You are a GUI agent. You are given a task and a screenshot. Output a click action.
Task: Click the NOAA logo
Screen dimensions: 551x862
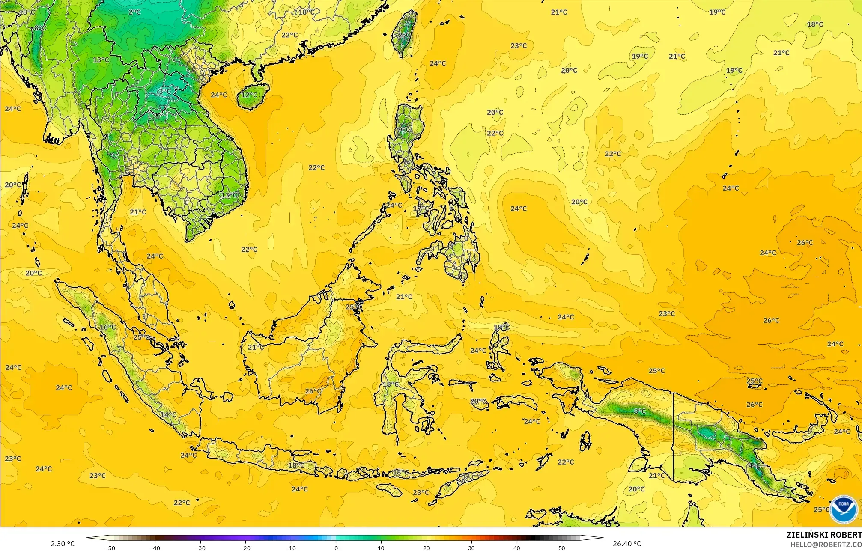point(844,509)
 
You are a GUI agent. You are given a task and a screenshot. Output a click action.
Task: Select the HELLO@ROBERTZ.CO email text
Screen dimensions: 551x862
point(826,544)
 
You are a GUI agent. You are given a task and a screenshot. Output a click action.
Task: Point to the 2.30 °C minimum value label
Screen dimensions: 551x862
point(63,544)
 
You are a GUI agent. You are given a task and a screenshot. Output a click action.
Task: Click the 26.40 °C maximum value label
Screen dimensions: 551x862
point(627,544)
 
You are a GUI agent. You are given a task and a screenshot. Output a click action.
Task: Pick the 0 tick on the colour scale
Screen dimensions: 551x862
point(336,548)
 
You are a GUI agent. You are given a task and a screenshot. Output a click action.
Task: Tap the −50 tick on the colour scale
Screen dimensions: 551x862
point(110,548)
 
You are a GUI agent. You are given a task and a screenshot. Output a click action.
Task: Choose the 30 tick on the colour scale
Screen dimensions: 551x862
point(471,548)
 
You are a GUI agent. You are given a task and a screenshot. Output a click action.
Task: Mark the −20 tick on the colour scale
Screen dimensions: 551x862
point(245,548)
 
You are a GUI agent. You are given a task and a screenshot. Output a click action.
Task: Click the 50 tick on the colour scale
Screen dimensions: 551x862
point(562,548)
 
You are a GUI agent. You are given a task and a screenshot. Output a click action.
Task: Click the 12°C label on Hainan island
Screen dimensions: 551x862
point(250,95)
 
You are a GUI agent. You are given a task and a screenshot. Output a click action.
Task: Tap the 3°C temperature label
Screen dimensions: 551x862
point(164,91)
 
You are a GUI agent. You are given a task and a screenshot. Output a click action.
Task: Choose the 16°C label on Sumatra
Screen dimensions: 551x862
point(108,327)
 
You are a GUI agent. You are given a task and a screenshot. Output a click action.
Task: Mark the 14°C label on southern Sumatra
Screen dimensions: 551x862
point(168,414)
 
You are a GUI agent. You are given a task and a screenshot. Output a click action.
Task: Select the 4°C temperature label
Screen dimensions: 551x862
point(754,465)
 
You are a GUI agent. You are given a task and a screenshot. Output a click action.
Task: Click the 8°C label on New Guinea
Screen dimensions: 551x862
point(640,411)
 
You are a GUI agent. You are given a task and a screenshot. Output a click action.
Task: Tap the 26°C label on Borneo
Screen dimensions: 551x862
point(313,391)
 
